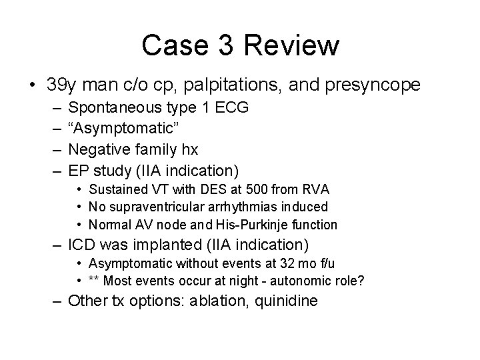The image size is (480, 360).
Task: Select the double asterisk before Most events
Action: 95,281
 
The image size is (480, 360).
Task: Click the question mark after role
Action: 361,281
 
